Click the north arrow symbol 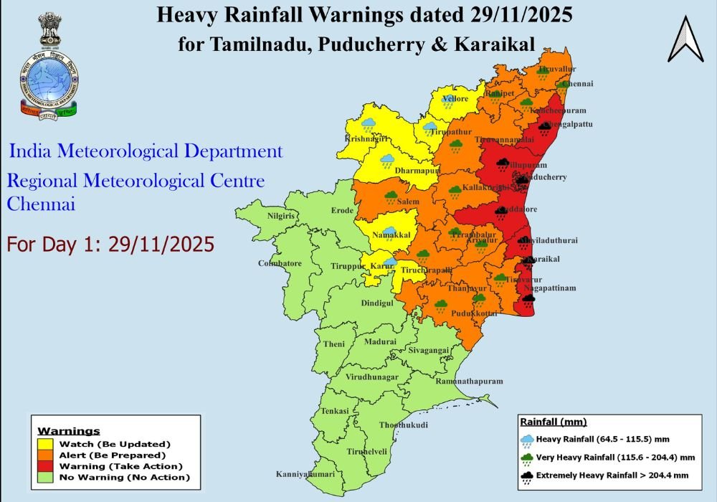click(x=685, y=39)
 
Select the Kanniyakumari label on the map click(x=305, y=475)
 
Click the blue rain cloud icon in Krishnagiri click(x=369, y=126)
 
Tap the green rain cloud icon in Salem click(x=391, y=195)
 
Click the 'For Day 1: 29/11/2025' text click(x=110, y=245)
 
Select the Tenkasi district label click(x=334, y=411)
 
